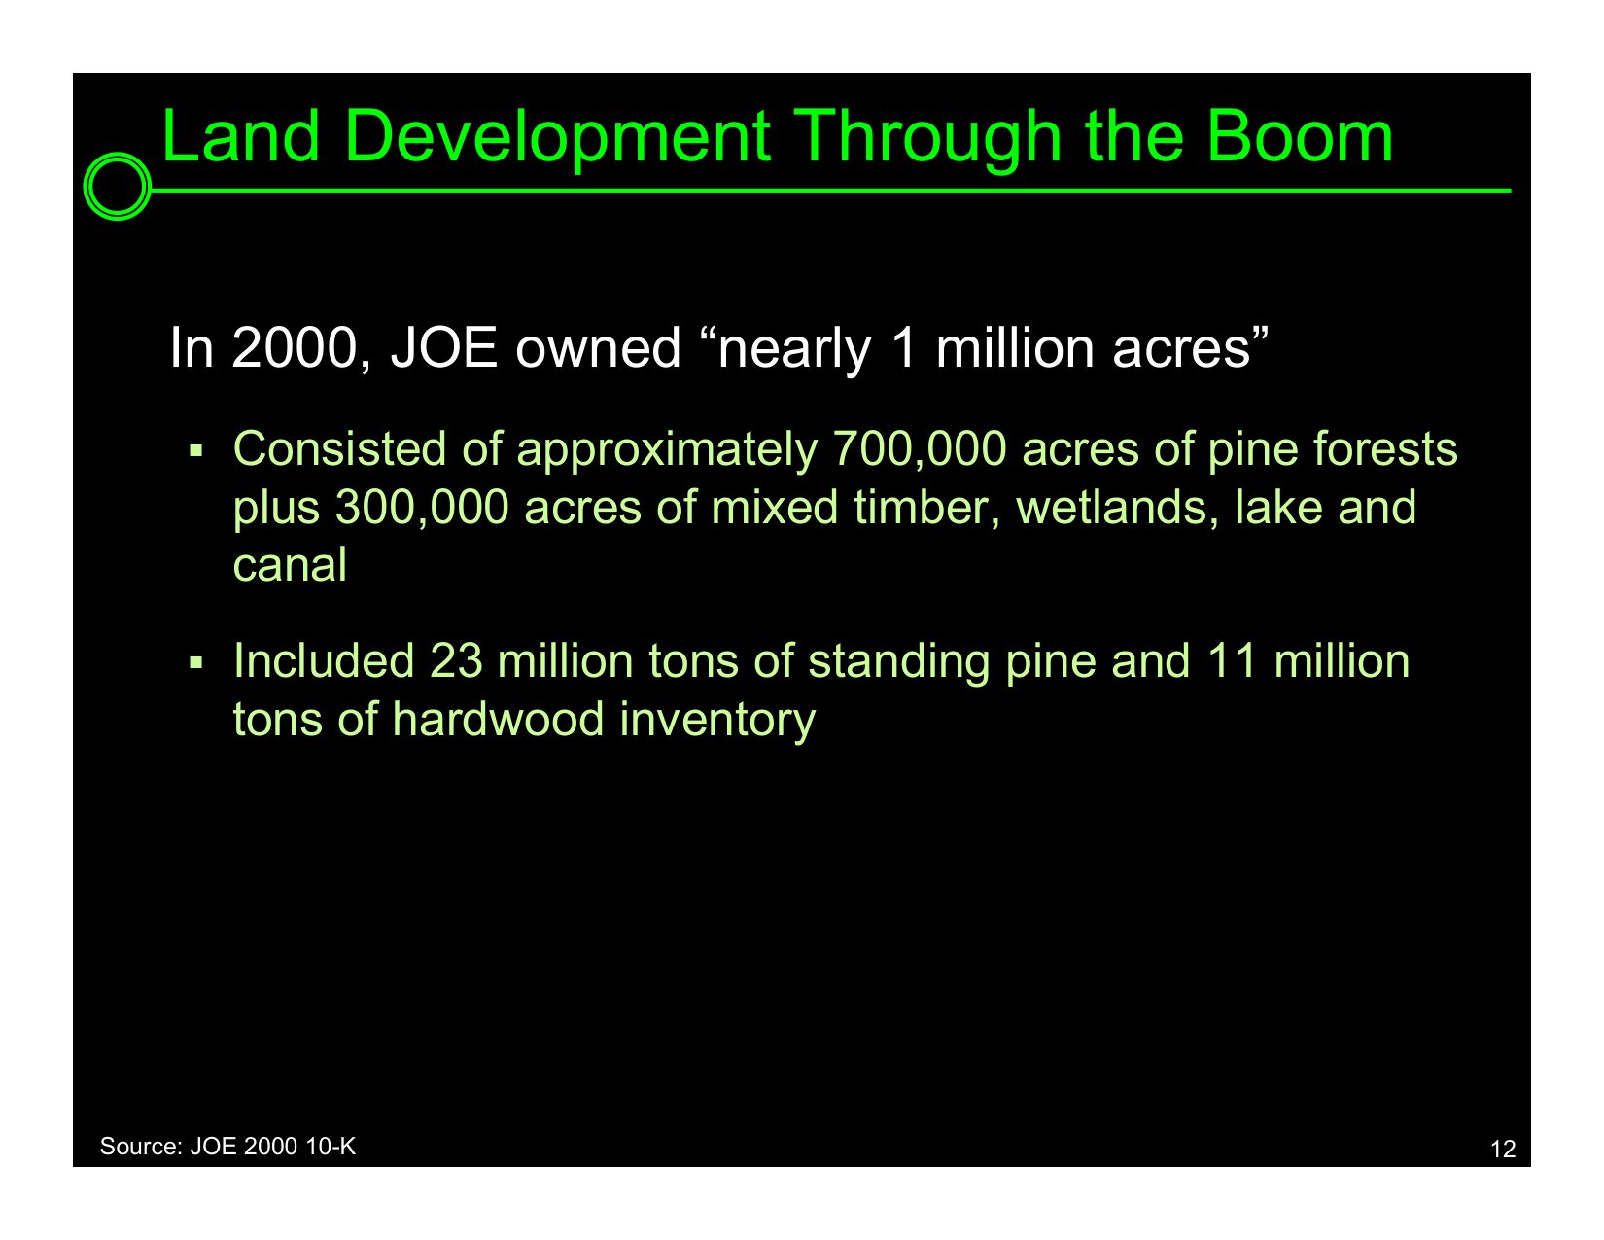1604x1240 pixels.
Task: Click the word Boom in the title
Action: (x=1299, y=136)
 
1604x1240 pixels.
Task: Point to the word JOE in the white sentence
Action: (x=444, y=348)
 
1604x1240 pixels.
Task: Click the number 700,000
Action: (x=919, y=449)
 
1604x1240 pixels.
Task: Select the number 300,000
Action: (x=422, y=508)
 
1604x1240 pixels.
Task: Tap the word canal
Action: (x=290, y=566)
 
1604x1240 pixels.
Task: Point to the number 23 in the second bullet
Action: (x=455, y=661)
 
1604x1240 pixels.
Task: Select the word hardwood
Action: (x=498, y=720)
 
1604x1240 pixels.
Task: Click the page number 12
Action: (x=1503, y=1150)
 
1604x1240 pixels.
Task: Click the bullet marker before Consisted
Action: (x=195, y=450)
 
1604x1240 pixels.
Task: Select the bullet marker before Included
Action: (x=195, y=662)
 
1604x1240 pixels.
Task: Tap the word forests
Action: (x=1385, y=449)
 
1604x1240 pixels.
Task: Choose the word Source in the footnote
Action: (x=141, y=1147)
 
